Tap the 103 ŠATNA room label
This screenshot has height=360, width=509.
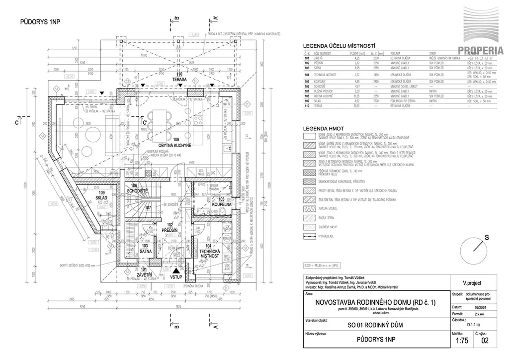click(x=145, y=249)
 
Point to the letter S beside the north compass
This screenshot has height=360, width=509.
click(x=480, y=238)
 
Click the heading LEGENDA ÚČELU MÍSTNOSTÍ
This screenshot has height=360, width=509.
click(x=342, y=45)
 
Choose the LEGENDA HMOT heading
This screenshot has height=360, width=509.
click(x=324, y=129)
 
